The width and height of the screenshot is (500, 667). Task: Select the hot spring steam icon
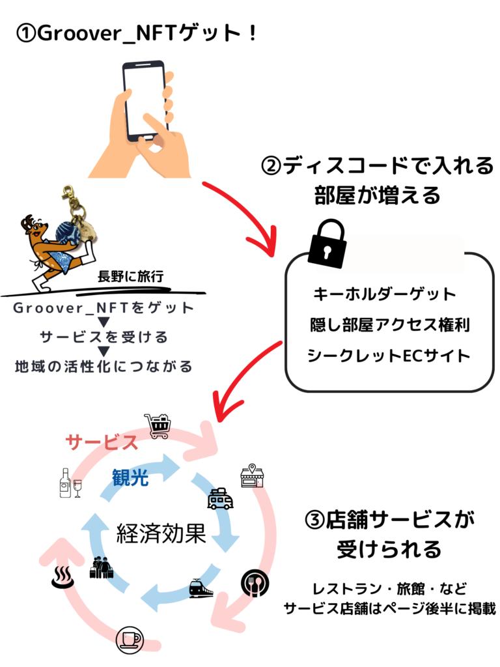pyautogui.click(x=63, y=577)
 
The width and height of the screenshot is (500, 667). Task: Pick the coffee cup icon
pyautogui.click(x=130, y=640)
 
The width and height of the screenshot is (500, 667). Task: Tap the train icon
pyautogui.click(x=201, y=589)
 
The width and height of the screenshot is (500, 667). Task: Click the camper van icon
pyautogui.click(x=220, y=498)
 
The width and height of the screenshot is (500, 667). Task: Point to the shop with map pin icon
pyautogui.click(x=252, y=476)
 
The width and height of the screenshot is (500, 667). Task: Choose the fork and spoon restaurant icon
pyautogui.click(x=255, y=583)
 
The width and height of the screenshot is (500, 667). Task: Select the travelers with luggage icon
pyautogui.click(x=101, y=567)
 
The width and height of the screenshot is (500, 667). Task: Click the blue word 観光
pyautogui.click(x=130, y=478)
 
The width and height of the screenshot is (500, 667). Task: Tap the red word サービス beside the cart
pyautogui.click(x=102, y=442)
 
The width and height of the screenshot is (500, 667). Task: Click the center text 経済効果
pyautogui.click(x=161, y=533)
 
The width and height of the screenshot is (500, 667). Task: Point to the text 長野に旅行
pyautogui.click(x=130, y=276)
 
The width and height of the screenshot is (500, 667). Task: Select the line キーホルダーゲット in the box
pyautogui.click(x=384, y=294)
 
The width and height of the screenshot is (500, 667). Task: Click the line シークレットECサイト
pyautogui.click(x=389, y=356)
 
